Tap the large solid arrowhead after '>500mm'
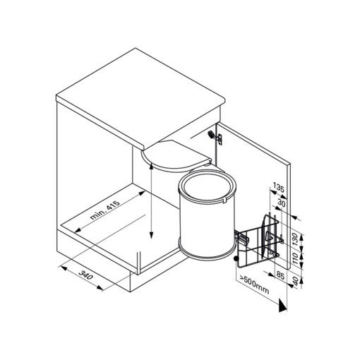click(282, 306)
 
